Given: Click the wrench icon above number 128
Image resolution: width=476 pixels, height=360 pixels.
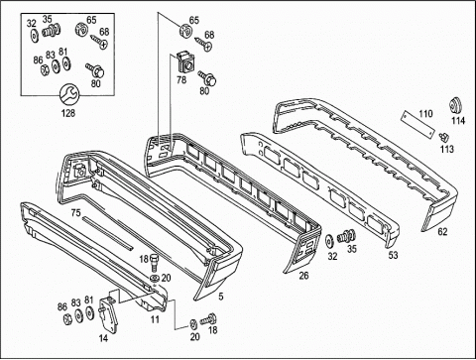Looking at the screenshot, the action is (69, 94).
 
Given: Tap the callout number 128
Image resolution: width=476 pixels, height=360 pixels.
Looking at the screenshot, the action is (68, 113).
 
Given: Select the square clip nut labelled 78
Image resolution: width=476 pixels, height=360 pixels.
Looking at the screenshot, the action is (184, 62).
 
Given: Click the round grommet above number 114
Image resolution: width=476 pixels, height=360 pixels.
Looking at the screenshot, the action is (456, 106).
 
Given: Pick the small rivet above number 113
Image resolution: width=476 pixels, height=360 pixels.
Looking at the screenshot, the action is (444, 137).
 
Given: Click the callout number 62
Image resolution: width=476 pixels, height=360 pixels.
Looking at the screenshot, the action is (442, 232).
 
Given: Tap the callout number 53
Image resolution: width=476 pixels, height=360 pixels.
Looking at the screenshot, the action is (393, 255).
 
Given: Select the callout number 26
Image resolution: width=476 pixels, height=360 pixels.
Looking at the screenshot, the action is (303, 275).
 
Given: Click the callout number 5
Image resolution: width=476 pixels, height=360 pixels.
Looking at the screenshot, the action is (221, 297).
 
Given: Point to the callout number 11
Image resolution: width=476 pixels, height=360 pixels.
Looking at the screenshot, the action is (155, 319).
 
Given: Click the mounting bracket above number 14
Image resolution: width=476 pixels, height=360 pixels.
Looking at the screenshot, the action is (108, 313).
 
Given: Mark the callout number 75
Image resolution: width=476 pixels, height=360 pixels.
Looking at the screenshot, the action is (75, 213).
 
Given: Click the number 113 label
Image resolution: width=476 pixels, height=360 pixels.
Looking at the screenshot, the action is (447, 149).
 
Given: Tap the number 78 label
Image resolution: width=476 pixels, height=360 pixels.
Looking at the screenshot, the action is (181, 79).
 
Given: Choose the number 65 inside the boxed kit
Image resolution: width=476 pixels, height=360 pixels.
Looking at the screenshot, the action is (91, 20).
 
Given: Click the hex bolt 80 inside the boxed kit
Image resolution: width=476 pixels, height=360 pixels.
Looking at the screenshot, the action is (95, 69).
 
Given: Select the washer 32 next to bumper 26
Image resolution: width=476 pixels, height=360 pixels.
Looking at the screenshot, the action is (329, 241).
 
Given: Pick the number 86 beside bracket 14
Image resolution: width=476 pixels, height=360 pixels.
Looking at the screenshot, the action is (62, 306).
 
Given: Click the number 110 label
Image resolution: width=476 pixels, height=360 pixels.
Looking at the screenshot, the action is (425, 114).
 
